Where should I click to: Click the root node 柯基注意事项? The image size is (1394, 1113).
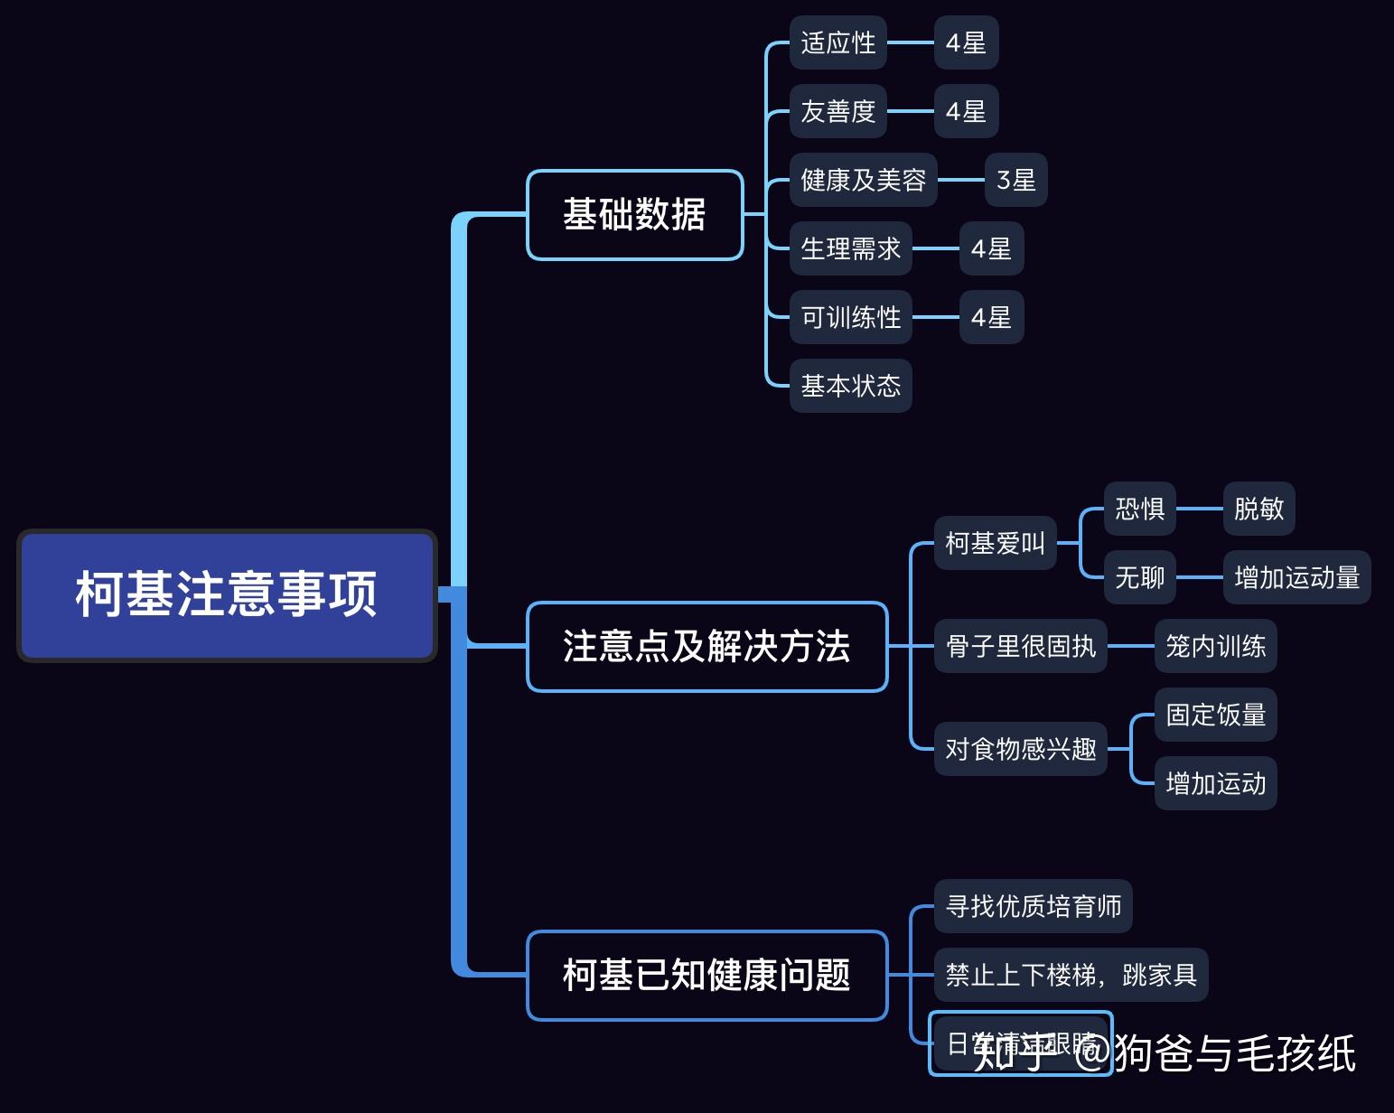tap(227, 595)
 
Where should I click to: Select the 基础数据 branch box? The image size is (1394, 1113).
tap(634, 215)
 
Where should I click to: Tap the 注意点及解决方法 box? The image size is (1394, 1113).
tap(706, 647)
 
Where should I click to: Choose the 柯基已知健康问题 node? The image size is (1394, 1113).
tap(706, 976)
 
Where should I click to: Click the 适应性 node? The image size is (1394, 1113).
tap(837, 42)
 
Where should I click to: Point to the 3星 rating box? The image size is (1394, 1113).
tap(1015, 180)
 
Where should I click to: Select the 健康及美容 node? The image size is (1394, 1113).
tap(863, 180)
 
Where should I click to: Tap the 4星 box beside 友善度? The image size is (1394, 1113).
tap(966, 111)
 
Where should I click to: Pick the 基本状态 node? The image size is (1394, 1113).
tap(850, 386)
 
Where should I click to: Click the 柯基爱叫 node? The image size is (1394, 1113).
tap(995, 543)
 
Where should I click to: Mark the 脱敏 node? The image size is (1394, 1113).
tap(1258, 509)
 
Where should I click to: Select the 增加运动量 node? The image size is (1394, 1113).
tap(1296, 577)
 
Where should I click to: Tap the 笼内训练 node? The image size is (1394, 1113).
tap(1215, 646)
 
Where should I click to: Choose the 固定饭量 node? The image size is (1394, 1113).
tap(1215, 715)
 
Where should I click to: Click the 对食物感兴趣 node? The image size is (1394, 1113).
tap(1020, 749)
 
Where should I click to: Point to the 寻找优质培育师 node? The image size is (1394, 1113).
tap(1033, 906)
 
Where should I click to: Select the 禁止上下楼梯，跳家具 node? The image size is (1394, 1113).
tap(1071, 975)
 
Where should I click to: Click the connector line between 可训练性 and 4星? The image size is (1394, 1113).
tap(935, 317)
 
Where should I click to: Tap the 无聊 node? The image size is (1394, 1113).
tap(1139, 577)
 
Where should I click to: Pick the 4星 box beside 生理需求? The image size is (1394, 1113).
tap(991, 248)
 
